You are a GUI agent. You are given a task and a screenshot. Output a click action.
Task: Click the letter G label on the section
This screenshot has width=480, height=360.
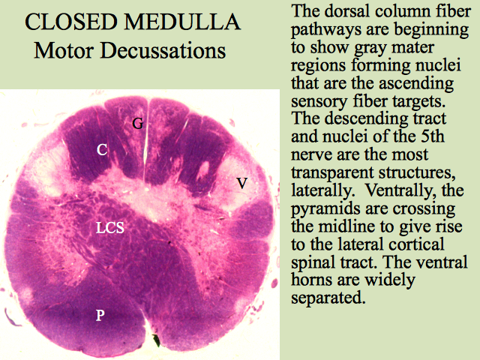(x=137, y=123)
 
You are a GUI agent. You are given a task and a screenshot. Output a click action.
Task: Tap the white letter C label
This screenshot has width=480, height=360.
(x=102, y=150)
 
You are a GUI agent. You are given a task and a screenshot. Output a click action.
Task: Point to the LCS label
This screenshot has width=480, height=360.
(x=110, y=227)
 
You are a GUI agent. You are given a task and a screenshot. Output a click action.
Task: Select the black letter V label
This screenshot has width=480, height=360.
(x=242, y=183)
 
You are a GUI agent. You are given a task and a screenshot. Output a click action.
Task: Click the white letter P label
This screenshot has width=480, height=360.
(x=100, y=315)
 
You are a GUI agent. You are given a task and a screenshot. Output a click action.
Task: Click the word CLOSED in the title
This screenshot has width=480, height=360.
(x=71, y=22)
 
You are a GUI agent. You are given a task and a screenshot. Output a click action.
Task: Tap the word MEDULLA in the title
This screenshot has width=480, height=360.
(x=182, y=22)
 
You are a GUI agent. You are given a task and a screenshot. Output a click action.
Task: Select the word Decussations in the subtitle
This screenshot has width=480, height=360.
(x=163, y=50)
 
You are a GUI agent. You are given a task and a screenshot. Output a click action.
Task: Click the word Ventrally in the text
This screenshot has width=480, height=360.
(x=397, y=190)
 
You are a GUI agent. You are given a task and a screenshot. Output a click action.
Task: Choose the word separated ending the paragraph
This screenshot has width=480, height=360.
(x=328, y=298)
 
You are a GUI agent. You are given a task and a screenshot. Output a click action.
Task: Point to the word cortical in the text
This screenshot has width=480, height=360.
(x=414, y=244)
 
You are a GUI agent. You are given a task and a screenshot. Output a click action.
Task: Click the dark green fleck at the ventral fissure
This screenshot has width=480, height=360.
(x=157, y=340)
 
